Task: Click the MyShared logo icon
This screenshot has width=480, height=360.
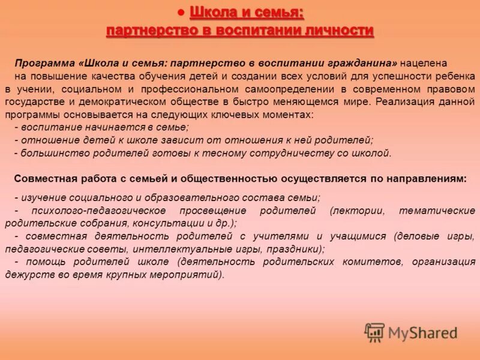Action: (375, 332)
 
